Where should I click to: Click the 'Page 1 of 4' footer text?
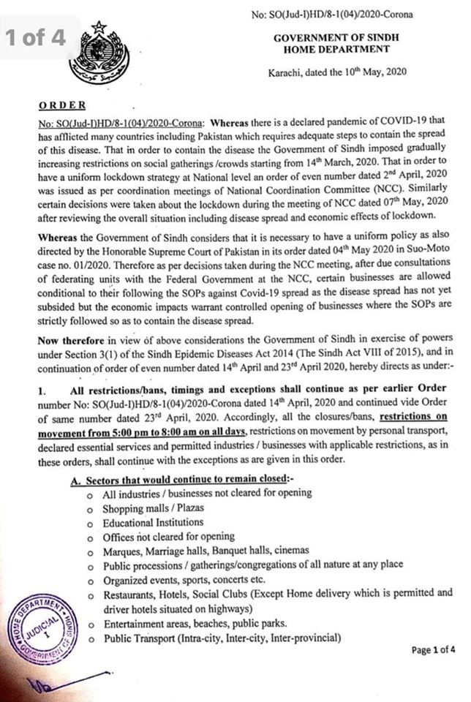[x=432, y=649]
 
